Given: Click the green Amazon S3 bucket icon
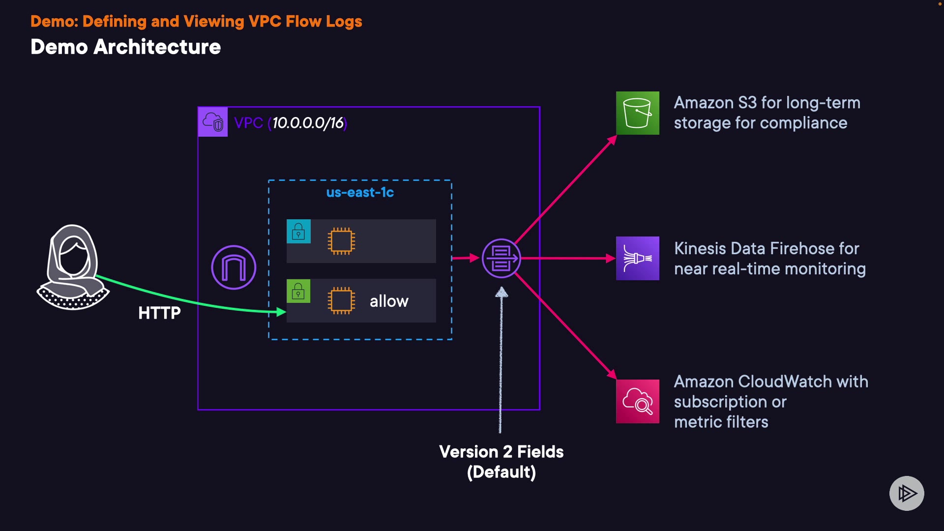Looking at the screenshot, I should point(637,113).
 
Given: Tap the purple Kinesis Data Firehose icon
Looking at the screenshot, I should point(637,258).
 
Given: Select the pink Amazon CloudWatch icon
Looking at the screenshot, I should point(637,401).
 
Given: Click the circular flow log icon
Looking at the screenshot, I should point(501,258).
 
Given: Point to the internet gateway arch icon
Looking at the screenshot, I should point(234,267).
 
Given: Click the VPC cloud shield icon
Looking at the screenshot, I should point(212,122).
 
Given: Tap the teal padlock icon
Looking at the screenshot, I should point(298,231).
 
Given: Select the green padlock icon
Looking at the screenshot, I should point(298,291).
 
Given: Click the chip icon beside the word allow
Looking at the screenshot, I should point(341,300).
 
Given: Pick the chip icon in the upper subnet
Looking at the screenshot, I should point(341,241).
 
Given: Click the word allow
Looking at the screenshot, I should point(389,301).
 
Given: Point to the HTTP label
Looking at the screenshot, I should point(159,313).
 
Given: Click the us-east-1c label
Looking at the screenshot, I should point(360,192).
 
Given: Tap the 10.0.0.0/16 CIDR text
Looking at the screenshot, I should point(308,123).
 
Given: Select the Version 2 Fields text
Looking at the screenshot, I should point(501,452).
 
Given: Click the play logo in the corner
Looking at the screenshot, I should point(907,493).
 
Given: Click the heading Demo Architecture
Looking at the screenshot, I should point(125,47).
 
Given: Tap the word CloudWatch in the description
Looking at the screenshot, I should point(785,382).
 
